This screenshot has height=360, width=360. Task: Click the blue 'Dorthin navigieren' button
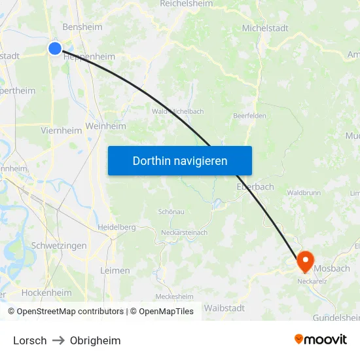click(x=180, y=160)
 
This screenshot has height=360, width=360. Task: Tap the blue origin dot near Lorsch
click(x=55, y=48)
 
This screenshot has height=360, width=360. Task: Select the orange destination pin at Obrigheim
click(x=305, y=262)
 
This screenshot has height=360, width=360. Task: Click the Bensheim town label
click(x=82, y=27)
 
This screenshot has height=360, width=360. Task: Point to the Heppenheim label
click(x=90, y=57)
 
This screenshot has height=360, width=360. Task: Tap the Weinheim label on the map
click(x=105, y=126)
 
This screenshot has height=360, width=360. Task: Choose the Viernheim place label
click(x=62, y=130)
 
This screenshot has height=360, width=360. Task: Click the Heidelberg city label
click(x=117, y=227)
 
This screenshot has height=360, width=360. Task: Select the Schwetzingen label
click(x=59, y=245)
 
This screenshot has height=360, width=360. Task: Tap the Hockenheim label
click(x=46, y=293)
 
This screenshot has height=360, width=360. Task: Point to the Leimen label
click(x=115, y=270)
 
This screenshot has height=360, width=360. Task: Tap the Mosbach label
click(x=332, y=268)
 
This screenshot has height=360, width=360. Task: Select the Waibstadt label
click(x=225, y=308)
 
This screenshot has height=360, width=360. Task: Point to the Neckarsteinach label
click(x=185, y=232)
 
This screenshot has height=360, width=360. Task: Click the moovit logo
click(x=320, y=339)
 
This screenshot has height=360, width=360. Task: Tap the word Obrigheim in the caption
click(x=95, y=340)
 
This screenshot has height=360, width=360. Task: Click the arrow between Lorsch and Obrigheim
click(x=58, y=340)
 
